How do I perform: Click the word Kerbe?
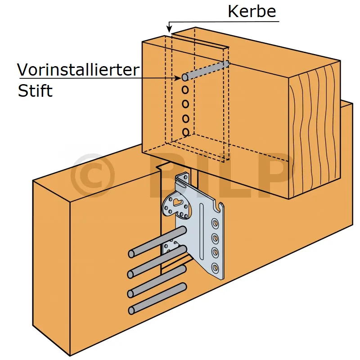click(x=252, y=11)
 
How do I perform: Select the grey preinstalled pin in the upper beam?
click(x=207, y=70)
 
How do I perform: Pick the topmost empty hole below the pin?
click(x=185, y=90)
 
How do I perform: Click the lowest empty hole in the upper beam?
click(x=185, y=132)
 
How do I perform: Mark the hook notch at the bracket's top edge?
click(x=220, y=207)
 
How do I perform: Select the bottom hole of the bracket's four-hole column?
click(x=216, y=268)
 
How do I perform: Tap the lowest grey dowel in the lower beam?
click(x=157, y=298)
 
